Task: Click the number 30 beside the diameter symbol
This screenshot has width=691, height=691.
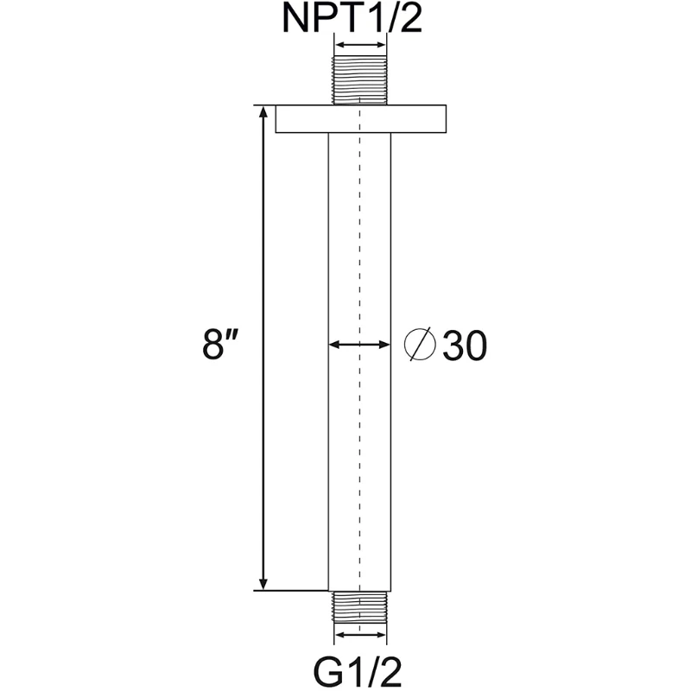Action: [465, 346]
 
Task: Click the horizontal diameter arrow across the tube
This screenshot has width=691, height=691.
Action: [359, 345]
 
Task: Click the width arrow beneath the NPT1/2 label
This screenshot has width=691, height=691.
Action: [359, 46]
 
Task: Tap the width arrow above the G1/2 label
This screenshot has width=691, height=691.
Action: [359, 635]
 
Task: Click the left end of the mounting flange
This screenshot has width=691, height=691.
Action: [279, 119]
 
